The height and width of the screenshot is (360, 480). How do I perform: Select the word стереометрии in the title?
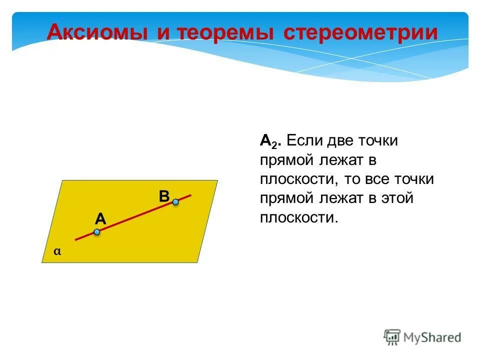360,33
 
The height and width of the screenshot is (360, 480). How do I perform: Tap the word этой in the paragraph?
396,198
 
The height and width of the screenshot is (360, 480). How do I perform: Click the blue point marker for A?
97,232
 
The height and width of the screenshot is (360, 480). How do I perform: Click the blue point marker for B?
175,202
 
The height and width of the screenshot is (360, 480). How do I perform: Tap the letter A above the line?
100,218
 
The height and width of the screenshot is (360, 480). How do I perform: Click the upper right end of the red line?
190,195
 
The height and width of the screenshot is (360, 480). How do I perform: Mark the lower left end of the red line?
76,239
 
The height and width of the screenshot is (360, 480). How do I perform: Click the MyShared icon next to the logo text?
392,336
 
